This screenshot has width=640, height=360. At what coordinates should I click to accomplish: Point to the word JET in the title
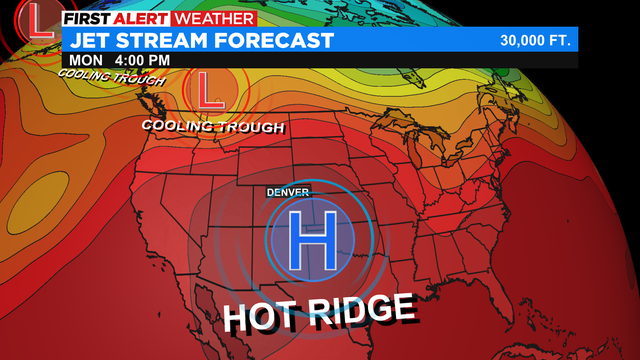tap(88, 41)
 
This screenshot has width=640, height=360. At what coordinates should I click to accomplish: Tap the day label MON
tap(80, 60)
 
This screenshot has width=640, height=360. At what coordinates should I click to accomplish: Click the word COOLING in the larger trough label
tap(181, 126)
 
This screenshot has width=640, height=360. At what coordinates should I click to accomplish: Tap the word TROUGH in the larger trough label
tap(253, 127)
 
